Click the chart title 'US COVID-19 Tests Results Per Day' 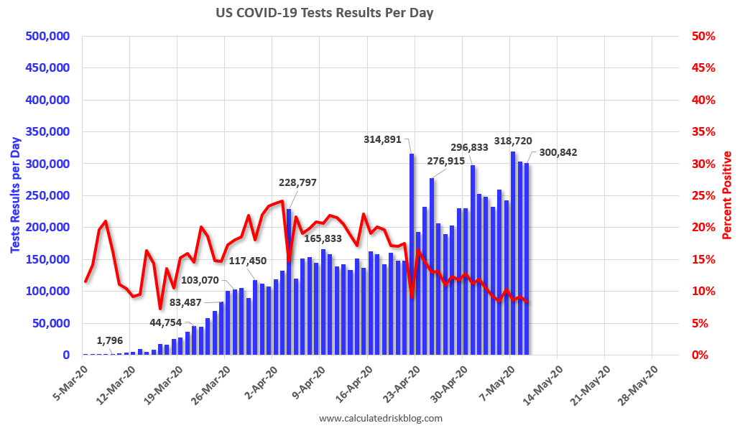(325, 13)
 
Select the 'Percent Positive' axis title (727, 195)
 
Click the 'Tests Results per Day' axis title (14, 195)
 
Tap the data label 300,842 (554, 152)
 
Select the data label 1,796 (112, 340)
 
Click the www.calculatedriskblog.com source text (380, 418)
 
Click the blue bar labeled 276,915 (432, 266)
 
